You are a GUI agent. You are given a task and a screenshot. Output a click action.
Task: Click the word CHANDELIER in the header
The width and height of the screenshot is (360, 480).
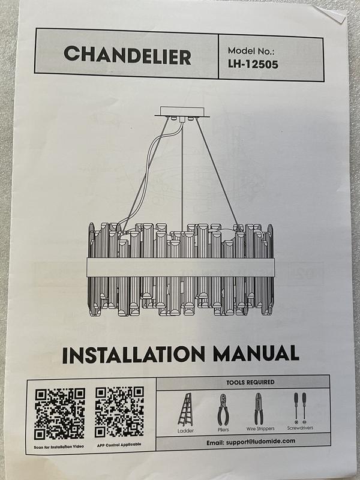pyautogui.click(x=127, y=55)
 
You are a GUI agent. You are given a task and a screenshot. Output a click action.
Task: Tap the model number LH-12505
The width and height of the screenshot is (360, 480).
pyautogui.click(x=253, y=64)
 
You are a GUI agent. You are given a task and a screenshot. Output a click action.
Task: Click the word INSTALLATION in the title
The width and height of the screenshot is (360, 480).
pyautogui.click(x=133, y=355)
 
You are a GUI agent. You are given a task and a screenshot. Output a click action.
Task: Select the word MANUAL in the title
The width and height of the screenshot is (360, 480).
pyautogui.click(x=256, y=353)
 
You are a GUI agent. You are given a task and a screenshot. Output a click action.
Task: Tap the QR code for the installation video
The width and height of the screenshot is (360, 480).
pyautogui.click(x=59, y=414)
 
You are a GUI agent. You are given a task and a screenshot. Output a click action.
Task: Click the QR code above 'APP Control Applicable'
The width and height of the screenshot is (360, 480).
pyautogui.click(x=119, y=412)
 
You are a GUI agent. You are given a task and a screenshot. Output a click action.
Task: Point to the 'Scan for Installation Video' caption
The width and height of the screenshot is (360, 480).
pyautogui.click(x=59, y=446)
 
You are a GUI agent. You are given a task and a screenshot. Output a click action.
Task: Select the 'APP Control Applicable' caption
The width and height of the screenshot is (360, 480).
pyautogui.click(x=119, y=445)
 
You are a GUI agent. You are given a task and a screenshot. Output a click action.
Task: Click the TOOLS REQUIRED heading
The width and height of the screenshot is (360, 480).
pyautogui.click(x=250, y=382)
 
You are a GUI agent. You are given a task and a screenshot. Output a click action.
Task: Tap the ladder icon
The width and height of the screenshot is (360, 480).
pyautogui.click(x=185, y=409)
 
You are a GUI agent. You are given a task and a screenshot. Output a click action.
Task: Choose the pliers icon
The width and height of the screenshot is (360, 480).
pyautogui.click(x=223, y=409)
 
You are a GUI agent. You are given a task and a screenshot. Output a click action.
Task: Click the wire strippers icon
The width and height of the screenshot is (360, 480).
pyautogui.click(x=259, y=409)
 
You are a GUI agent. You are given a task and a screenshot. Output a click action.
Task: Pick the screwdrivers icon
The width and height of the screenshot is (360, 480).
pyautogui.click(x=300, y=408)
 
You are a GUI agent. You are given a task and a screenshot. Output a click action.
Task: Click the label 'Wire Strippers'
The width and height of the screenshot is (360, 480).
pyautogui.click(x=260, y=428)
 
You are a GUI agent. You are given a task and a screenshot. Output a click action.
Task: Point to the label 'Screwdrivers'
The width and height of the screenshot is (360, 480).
pyautogui.click(x=300, y=428)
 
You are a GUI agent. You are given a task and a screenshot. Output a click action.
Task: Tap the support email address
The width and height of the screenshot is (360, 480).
pyautogui.click(x=251, y=442)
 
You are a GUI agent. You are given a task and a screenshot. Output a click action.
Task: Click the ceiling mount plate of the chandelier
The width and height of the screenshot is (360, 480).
pyautogui.click(x=182, y=112)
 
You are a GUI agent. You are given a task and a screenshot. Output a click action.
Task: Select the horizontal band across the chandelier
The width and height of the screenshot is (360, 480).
pyautogui.click(x=181, y=267)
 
